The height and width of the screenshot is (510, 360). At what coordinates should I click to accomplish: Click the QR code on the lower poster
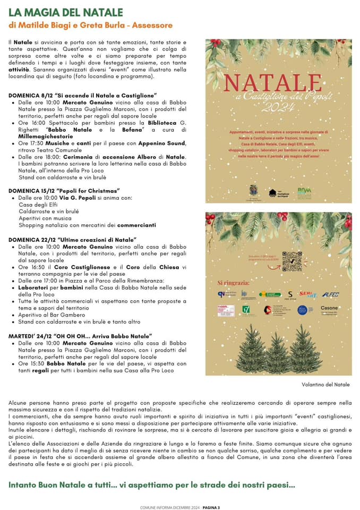tap(292, 261)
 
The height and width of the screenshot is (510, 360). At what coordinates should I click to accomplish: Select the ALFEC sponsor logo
tap(330, 294)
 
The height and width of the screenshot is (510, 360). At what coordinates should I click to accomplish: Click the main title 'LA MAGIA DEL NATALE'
tap(66, 12)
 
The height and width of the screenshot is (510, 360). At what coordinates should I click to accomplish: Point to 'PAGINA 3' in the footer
tap(211, 507)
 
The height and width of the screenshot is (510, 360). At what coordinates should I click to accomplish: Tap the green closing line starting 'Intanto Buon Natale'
tap(151, 484)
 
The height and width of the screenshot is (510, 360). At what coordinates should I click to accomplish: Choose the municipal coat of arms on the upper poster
tap(253, 190)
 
